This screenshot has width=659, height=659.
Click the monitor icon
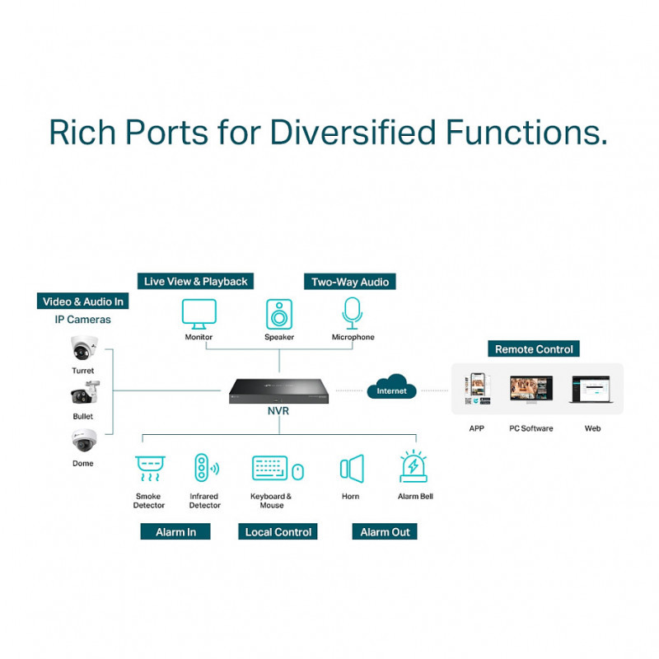coord(199,313)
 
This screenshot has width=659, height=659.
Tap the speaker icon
coord(279,314)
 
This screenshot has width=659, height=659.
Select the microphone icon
coord(353,313)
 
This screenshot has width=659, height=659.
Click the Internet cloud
coord(391,388)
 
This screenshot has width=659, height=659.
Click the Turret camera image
coord(83,349)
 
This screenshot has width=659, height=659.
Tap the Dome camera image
coord(83,442)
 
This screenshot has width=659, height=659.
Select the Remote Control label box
coord(533,349)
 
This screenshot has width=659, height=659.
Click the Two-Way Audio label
coord(349,282)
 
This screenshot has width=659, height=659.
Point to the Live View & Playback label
coord(195,282)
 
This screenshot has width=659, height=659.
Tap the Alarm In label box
coord(175,532)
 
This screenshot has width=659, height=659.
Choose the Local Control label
coord(278,532)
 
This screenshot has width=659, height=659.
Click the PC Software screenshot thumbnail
coord(531,388)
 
